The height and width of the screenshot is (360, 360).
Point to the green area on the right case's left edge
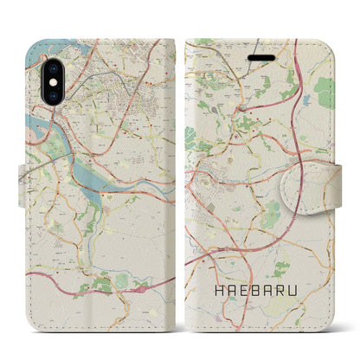coord(190,137)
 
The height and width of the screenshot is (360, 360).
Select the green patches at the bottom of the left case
coord(108,281)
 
